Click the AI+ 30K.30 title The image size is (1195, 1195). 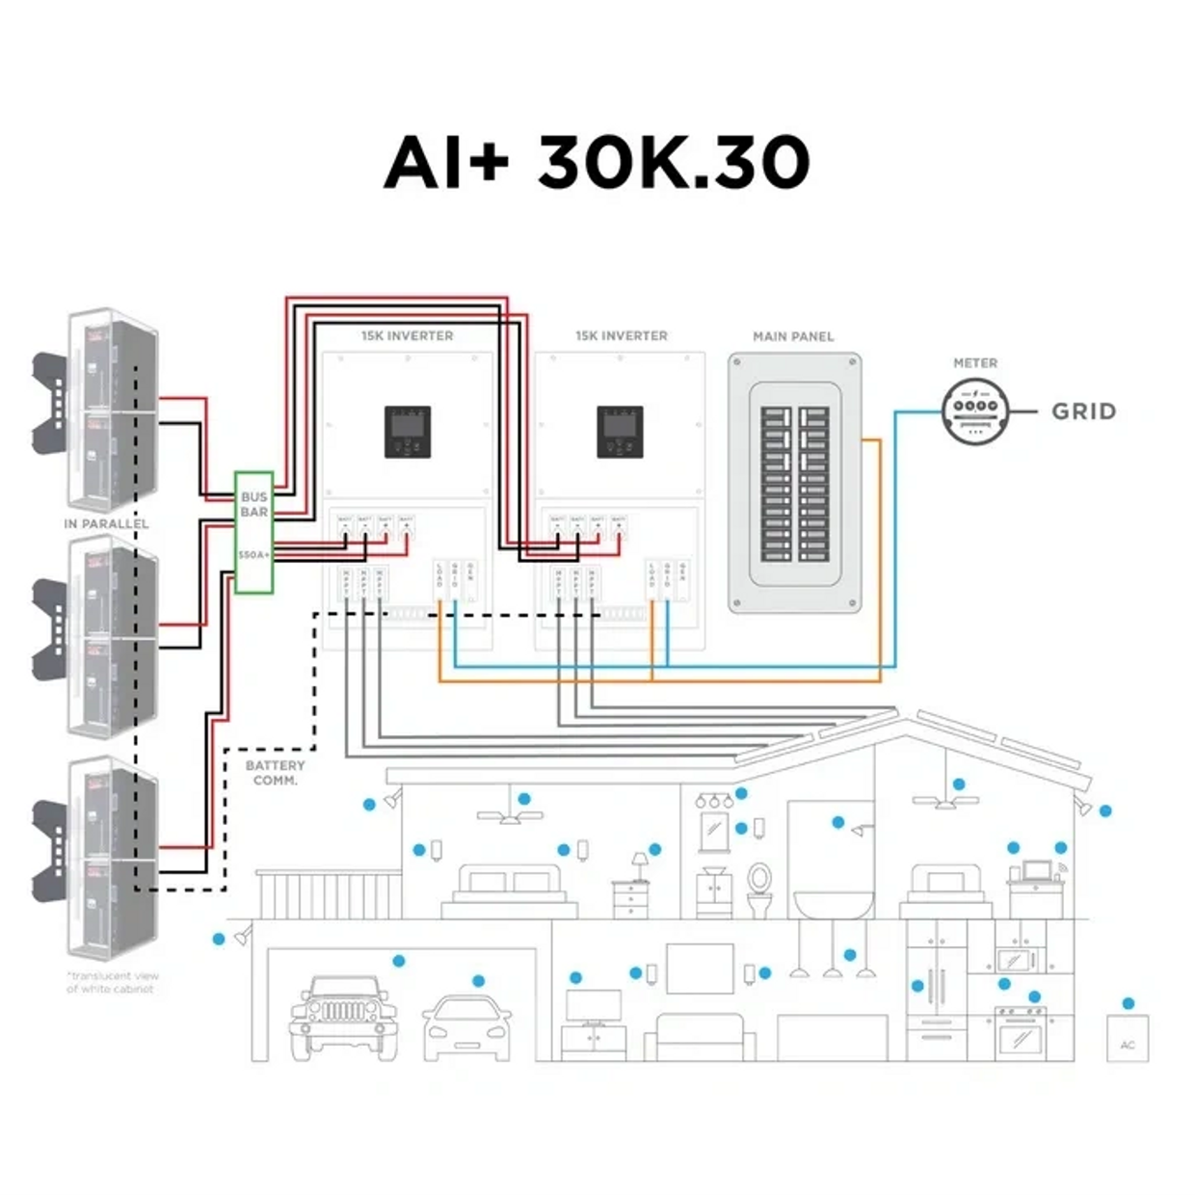tap(597, 161)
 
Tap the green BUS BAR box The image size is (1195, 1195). tap(254, 532)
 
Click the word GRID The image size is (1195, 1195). tap(1084, 412)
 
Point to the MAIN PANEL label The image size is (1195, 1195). tap(793, 336)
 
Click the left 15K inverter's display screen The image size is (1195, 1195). tap(408, 431)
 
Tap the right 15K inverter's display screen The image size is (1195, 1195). tap(620, 431)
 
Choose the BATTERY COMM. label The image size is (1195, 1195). tap(276, 773)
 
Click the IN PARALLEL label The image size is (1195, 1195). tap(106, 523)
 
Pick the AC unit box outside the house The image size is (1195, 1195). tap(1127, 1038)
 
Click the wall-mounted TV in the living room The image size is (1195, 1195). tap(700, 968)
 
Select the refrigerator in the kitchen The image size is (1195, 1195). tap(936, 991)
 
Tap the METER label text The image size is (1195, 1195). tap(975, 363)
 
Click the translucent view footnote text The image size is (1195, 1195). tap(111, 982)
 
